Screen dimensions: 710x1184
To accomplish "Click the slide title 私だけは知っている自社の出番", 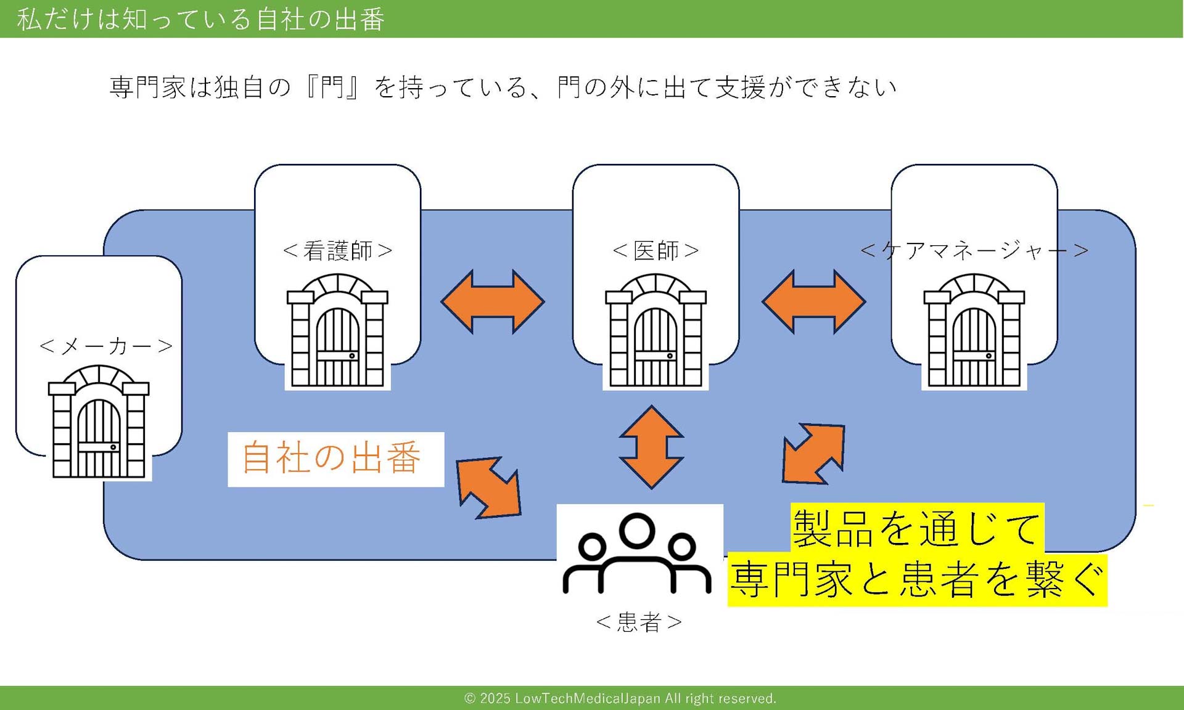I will click(201, 19).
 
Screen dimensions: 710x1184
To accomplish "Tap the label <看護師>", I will click(337, 251).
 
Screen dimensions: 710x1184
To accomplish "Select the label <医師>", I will click(656, 251).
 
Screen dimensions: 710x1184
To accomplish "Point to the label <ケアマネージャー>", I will click(974, 250).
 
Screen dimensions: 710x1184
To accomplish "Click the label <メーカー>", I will click(105, 346).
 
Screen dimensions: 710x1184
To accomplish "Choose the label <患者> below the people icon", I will click(639, 622).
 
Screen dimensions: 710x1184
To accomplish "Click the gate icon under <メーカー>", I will click(99, 422).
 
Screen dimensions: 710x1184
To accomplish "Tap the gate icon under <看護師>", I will click(337, 331).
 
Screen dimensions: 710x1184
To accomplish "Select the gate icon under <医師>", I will click(656, 331).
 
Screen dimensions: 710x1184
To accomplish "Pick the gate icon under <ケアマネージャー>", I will click(974, 331).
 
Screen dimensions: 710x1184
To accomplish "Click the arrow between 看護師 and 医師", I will click(493, 301).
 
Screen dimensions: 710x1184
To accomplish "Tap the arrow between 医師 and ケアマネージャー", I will click(814, 301).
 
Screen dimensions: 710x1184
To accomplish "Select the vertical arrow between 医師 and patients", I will click(651, 447).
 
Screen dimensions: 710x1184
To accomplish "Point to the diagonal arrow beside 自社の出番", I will click(489, 488).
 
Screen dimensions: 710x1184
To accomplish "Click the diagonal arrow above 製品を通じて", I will click(813, 453).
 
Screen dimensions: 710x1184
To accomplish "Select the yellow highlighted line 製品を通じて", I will click(916, 528).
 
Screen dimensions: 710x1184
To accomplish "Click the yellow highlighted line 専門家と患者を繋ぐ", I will click(917, 580).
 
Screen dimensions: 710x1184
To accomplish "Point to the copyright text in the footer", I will click(620, 698).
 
